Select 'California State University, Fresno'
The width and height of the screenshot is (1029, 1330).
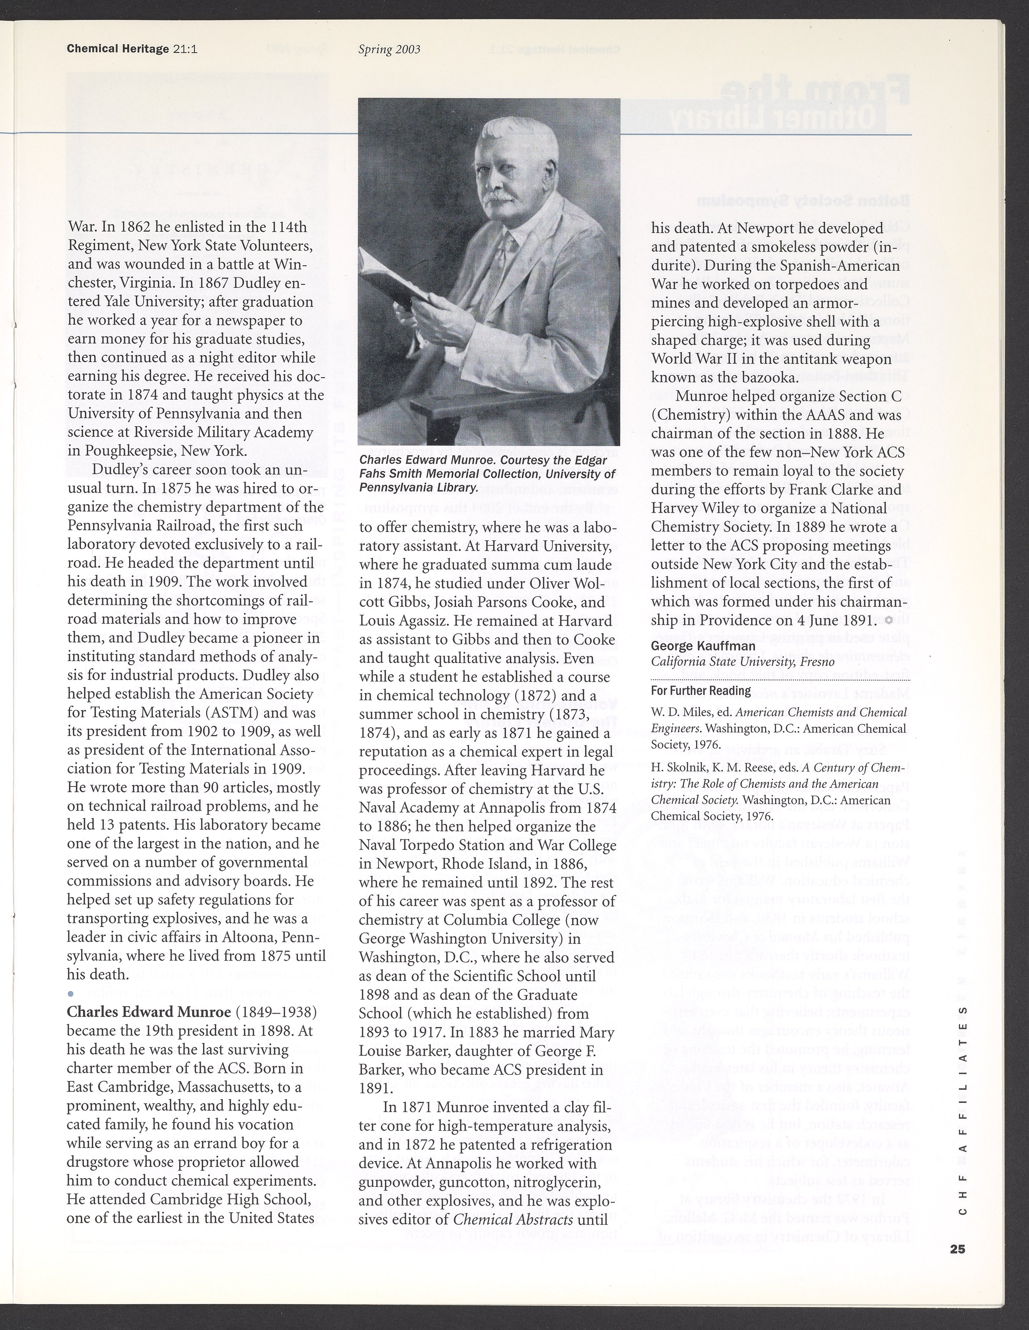pos(742,662)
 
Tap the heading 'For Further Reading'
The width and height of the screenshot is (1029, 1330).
pos(692,691)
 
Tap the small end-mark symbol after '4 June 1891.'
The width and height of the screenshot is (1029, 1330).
pos(889,620)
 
